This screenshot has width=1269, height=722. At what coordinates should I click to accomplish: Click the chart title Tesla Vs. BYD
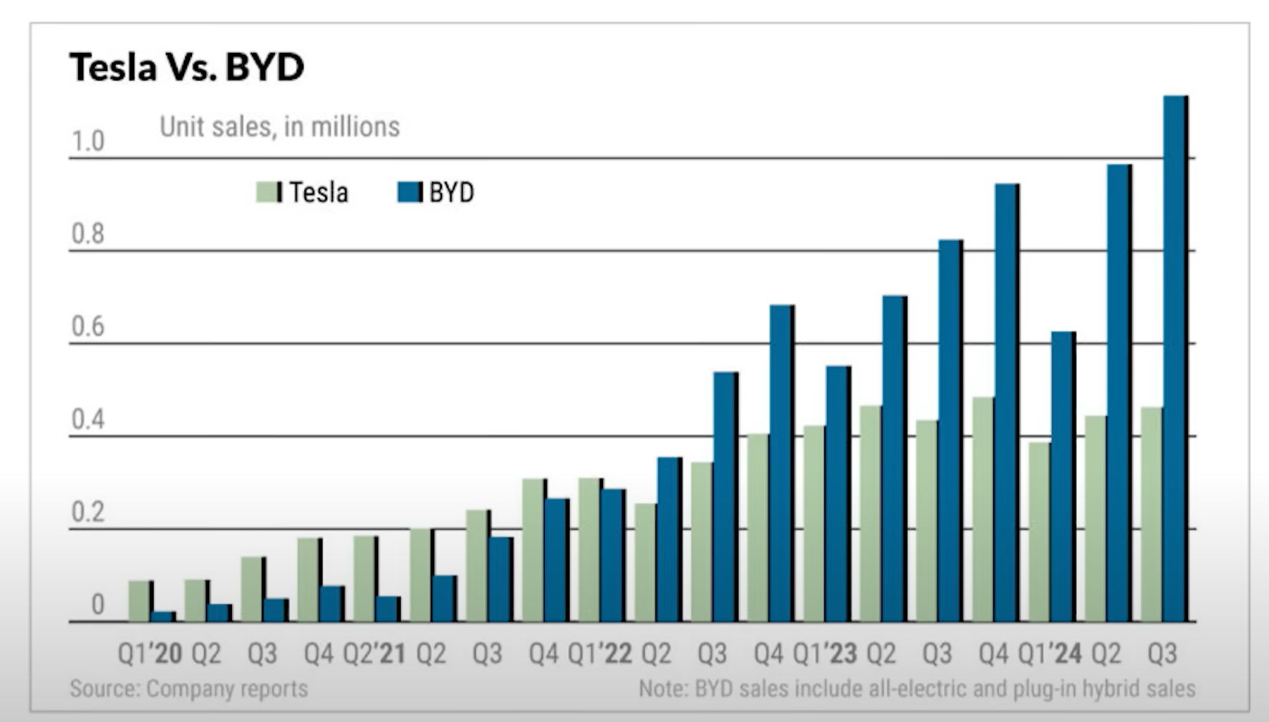click(x=187, y=67)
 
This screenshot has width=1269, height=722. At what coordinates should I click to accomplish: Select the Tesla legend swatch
click(x=269, y=192)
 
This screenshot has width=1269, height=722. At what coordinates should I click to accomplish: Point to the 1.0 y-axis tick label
click(x=87, y=141)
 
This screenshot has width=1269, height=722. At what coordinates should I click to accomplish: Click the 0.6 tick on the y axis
click(x=87, y=327)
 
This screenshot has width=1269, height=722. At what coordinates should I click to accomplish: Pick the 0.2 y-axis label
click(x=87, y=512)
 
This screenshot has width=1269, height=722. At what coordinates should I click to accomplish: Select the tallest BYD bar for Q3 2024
click(x=1174, y=358)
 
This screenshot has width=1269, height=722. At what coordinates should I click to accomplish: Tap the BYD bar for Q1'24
click(x=1062, y=476)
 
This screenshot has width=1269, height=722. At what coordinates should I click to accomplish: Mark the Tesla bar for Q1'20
click(x=140, y=601)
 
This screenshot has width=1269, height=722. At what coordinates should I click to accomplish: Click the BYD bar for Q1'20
click(x=163, y=617)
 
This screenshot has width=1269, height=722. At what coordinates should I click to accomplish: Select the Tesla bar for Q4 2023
click(x=983, y=509)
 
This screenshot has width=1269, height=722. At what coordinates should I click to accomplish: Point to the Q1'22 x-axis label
click(x=599, y=653)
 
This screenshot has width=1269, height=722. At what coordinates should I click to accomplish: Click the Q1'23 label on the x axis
click(x=824, y=653)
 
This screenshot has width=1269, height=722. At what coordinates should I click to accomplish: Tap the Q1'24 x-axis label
click(x=1049, y=653)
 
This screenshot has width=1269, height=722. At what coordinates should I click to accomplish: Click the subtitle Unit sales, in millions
click(x=279, y=127)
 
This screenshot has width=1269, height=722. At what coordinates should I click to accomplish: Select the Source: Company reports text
click(x=188, y=688)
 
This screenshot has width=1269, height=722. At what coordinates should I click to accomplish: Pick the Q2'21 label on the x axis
click(x=374, y=653)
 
